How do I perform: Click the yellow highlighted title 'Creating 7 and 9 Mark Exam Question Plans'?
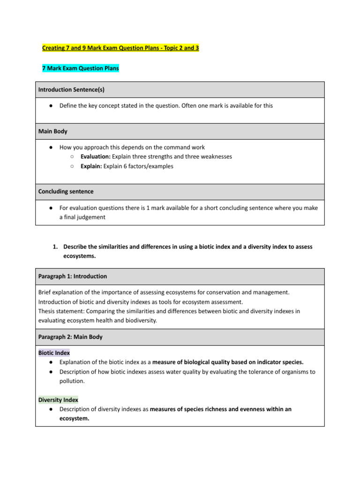(x=120, y=48)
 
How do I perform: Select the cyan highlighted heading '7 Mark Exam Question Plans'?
(x=80, y=68)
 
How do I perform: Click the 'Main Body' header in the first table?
(x=52, y=131)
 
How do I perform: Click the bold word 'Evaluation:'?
(x=95, y=157)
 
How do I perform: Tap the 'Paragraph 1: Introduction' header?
(x=72, y=276)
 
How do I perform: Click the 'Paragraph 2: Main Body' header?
(x=70, y=337)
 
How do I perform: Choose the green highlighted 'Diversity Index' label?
(x=58, y=400)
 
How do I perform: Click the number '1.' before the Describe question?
(x=55, y=247)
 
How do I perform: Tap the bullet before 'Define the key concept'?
(x=50, y=106)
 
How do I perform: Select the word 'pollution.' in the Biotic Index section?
(x=73, y=381)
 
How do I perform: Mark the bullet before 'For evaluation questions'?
(x=50, y=208)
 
